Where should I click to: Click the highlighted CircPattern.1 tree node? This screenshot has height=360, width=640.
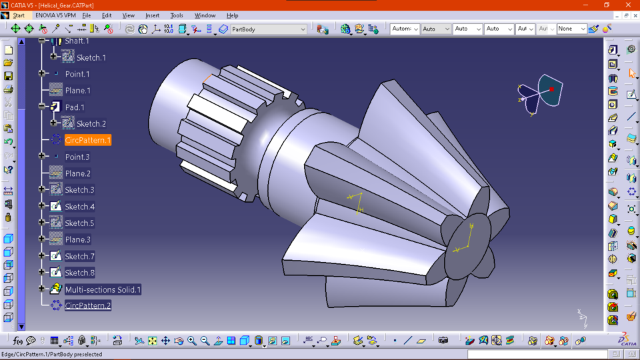87,140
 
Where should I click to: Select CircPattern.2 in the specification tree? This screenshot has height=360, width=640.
87,305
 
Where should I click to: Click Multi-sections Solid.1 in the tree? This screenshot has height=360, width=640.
103,289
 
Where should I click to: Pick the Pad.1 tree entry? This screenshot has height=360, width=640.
75,107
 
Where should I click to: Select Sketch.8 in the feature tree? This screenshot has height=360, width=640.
79,273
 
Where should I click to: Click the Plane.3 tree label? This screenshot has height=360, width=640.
77,239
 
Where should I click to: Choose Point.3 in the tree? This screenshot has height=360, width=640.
77,157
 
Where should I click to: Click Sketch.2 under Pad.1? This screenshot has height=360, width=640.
91,124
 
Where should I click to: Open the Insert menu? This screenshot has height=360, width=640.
152,15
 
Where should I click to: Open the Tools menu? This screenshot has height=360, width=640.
177,15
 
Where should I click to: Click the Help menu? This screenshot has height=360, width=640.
232,15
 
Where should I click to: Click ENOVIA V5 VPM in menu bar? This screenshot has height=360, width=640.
55,15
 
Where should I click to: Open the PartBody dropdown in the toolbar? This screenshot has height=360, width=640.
303,29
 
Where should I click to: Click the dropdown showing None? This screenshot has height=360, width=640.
582,29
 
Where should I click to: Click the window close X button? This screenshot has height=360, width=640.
628,5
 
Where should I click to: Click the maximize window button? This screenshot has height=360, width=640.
606,5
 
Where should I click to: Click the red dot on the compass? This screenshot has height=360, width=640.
551,89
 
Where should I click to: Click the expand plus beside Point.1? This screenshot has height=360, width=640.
42,74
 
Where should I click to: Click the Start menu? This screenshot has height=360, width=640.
19,15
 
